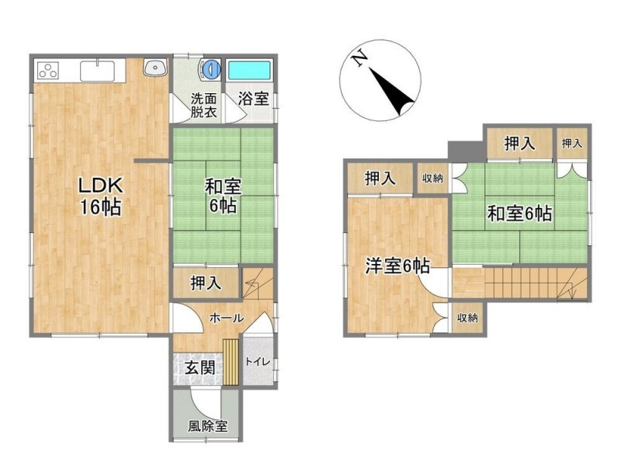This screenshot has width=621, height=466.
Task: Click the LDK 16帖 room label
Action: (x=101, y=196)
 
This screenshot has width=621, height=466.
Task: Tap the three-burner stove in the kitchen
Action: (x=48, y=71)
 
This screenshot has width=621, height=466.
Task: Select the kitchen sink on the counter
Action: (x=98, y=71)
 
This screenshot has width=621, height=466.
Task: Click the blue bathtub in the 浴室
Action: (x=249, y=70)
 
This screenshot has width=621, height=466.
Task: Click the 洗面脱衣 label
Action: (x=203, y=106)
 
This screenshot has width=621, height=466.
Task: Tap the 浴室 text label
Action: (x=253, y=99)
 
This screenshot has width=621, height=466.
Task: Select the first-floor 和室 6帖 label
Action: (x=223, y=196)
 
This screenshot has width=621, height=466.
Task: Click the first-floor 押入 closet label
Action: (x=206, y=283)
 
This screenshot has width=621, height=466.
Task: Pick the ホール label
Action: (x=226, y=318)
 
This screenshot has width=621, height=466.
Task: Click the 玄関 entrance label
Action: (x=200, y=368)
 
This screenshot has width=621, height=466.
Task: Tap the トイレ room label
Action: (x=258, y=361)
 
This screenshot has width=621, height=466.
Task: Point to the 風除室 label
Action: (x=207, y=426)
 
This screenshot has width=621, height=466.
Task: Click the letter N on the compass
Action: (x=360, y=59)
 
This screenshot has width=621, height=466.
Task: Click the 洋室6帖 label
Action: (x=397, y=266)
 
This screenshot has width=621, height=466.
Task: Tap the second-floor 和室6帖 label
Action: (x=519, y=214)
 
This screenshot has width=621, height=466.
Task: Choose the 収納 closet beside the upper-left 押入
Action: (x=432, y=179)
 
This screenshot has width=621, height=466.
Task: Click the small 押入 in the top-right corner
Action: (x=572, y=143)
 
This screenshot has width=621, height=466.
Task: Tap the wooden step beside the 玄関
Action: (x=231, y=362)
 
